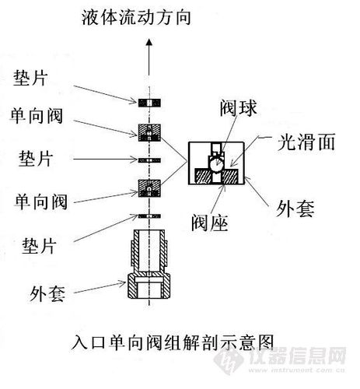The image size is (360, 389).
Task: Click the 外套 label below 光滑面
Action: tap(294, 208)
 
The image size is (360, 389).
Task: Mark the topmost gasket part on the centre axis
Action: tap(148, 103)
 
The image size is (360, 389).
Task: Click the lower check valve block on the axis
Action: tap(148, 187)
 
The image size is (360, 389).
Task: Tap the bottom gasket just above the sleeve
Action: tap(148, 215)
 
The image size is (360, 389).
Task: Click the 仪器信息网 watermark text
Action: tap(307, 357)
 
